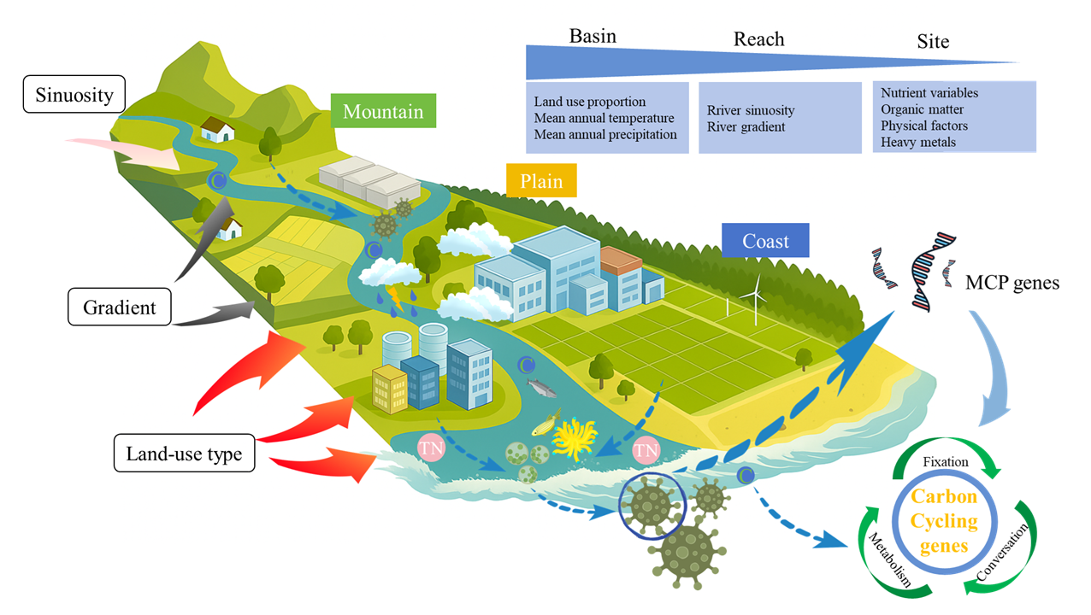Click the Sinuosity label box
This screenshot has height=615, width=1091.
(74, 94)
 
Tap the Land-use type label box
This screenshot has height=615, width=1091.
(185, 454)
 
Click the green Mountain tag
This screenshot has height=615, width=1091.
(383, 112)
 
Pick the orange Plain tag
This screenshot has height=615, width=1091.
(540, 181)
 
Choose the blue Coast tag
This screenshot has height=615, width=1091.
(765, 241)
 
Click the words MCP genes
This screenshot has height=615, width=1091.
(1011, 282)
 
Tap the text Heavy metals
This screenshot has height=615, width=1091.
(918, 142)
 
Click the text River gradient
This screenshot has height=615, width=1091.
(746, 127)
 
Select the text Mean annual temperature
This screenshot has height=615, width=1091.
(604, 118)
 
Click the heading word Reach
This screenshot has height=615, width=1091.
(758, 39)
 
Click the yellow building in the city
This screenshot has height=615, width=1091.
(390, 390)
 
